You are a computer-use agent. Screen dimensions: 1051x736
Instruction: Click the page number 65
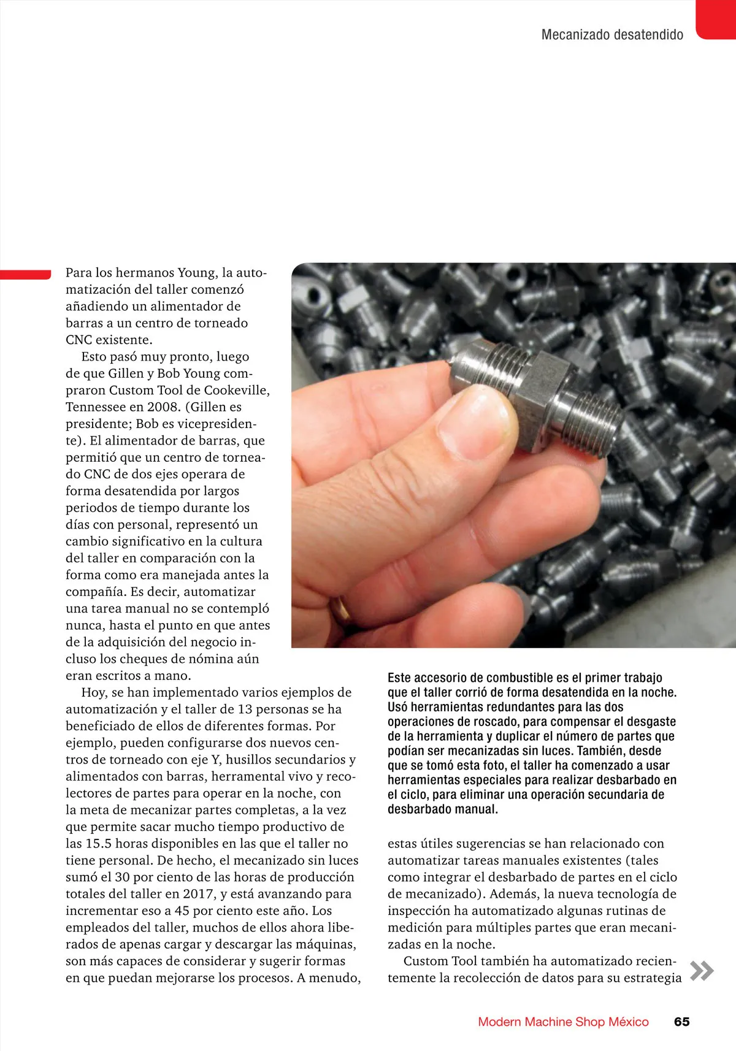(x=681, y=1022)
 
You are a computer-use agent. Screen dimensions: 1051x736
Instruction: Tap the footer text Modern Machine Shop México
(x=563, y=1022)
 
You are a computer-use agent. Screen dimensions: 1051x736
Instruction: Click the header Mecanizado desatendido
(x=612, y=35)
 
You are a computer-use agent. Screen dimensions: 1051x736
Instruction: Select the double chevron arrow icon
(x=702, y=971)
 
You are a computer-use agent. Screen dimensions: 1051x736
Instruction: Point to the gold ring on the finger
(x=340, y=610)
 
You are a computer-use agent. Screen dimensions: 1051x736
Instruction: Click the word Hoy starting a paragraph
(x=93, y=692)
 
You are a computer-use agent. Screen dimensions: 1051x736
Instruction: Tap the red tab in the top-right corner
(x=716, y=18)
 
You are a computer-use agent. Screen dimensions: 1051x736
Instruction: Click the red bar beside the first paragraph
(x=25, y=274)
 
